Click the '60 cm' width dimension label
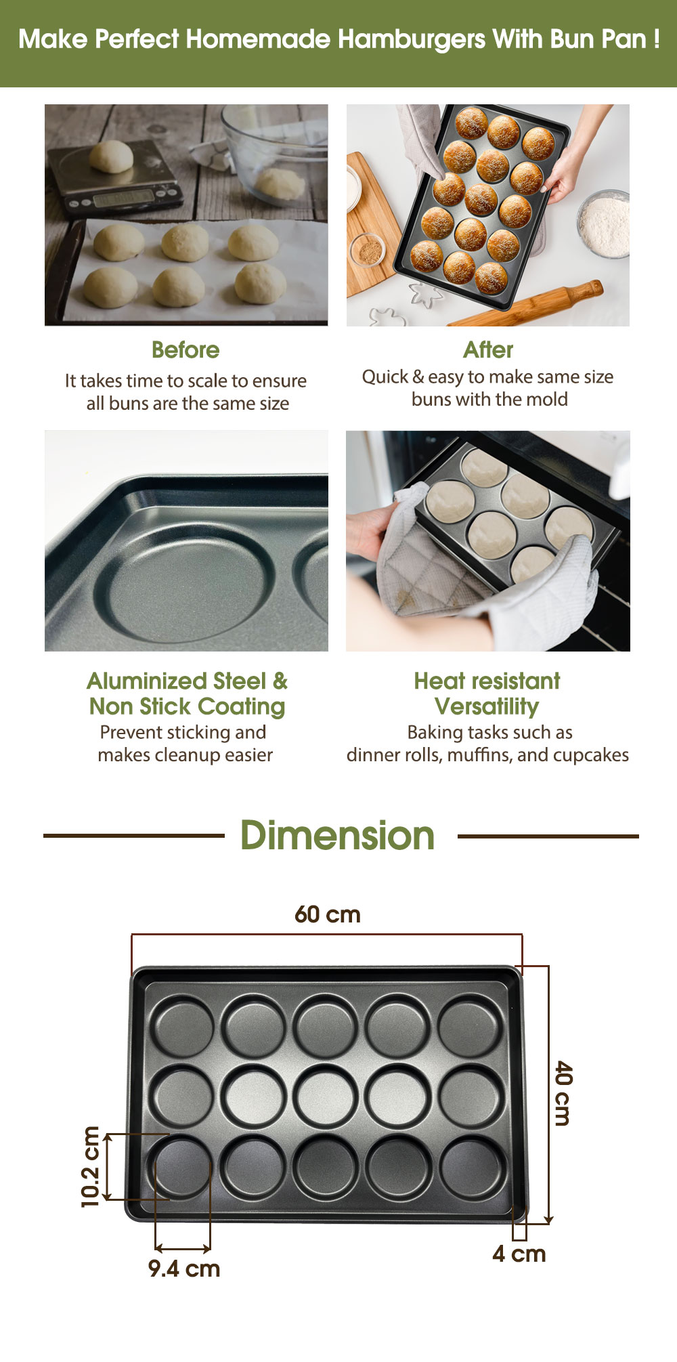[328, 914]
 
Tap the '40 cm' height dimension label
[563, 1093]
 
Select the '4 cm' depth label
[519, 1254]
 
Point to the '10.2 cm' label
[91, 1166]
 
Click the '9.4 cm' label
[184, 1269]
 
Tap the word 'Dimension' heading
[337, 835]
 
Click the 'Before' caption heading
[185, 350]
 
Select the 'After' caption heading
[488, 350]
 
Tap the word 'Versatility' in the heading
[487, 706]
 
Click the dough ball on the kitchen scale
[111, 156]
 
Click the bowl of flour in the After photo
[605, 224]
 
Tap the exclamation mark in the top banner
[657, 39]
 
